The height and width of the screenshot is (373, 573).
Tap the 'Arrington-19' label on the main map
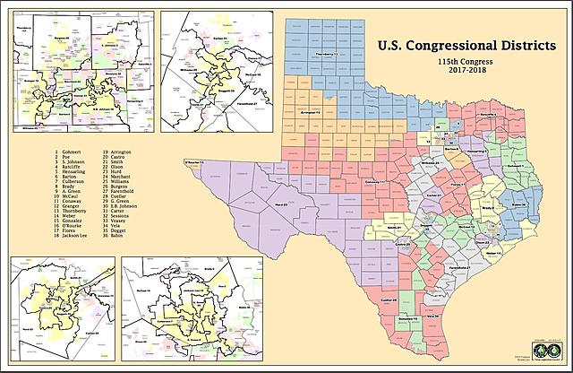[x=311, y=114]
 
